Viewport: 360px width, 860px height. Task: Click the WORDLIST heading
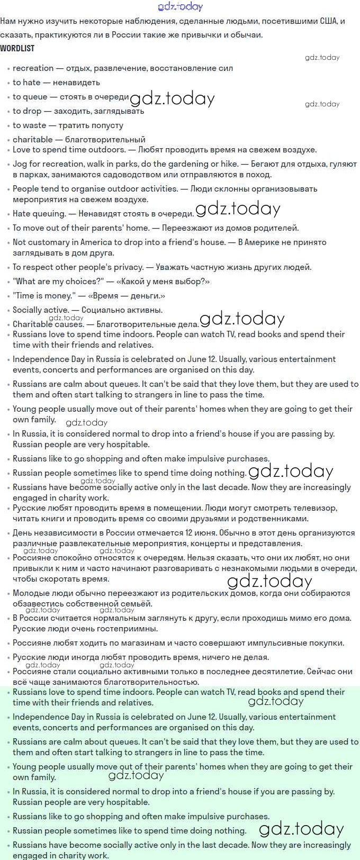click(17, 48)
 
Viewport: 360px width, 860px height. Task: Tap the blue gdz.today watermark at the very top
click(180, 6)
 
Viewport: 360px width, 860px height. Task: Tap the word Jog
click(20, 164)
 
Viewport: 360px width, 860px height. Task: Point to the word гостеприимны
click(124, 629)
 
